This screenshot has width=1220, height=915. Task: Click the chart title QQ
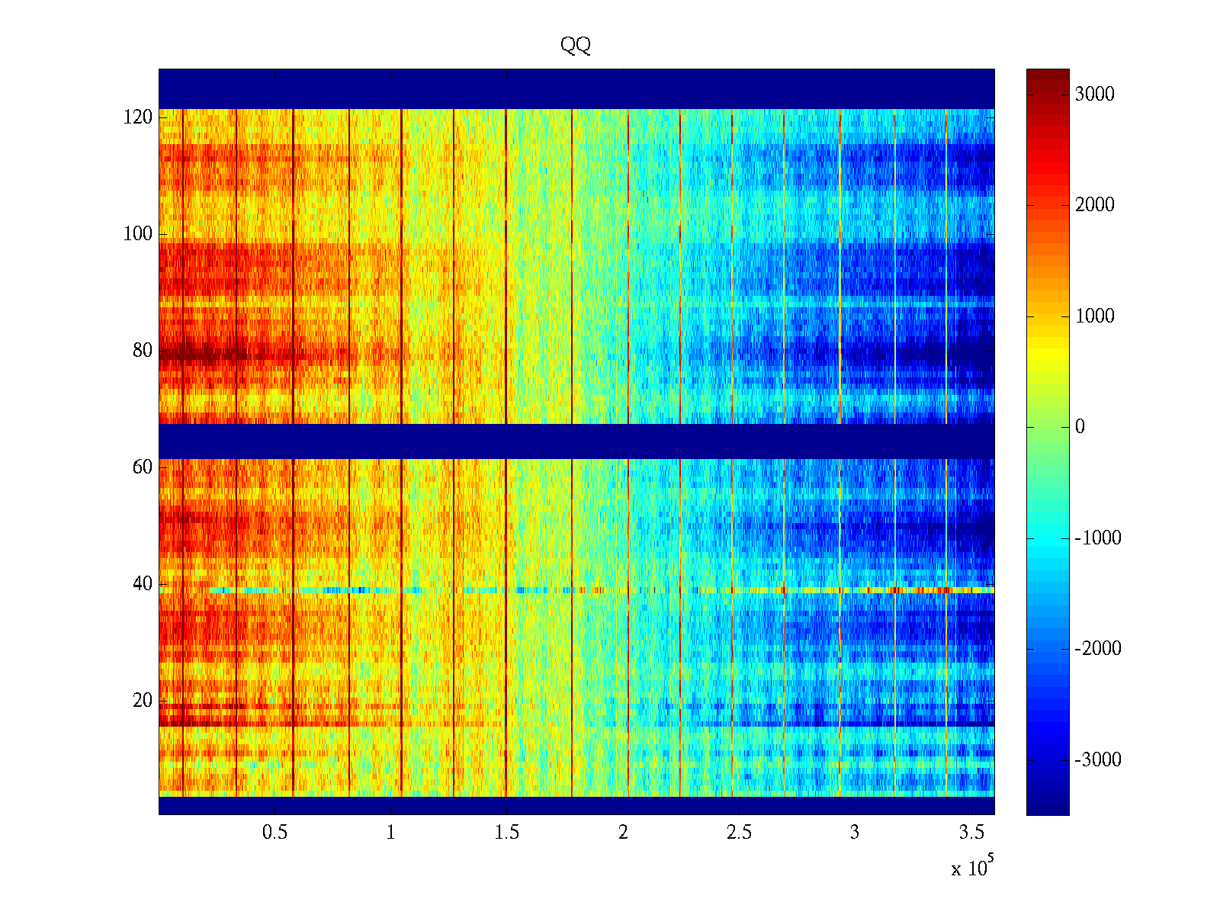(x=576, y=45)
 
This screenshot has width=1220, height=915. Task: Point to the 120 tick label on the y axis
(x=138, y=117)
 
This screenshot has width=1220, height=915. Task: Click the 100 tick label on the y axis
(x=138, y=234)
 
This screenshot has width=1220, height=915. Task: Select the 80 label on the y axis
(x=143, y=351)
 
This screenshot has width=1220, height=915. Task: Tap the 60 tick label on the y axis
(x=143, y=467)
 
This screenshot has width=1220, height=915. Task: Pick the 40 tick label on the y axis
(x=143, y=584)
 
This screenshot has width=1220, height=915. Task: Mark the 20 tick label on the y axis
(x=143, y=701)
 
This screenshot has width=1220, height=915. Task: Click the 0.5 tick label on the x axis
(x=274, y=833)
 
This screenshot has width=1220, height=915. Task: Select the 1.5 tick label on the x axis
(x=506, y=833)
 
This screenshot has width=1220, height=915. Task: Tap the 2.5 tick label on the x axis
(x=739, y=833)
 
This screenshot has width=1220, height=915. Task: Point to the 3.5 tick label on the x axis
(x=971, y=833)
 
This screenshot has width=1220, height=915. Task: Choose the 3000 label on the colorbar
(x=1094, y=95)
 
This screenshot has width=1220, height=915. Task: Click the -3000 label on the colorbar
(x=1097, y=760)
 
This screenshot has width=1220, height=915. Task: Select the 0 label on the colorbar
(x=1080, y=427)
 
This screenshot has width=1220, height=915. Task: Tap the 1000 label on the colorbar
(x=1094, y=316)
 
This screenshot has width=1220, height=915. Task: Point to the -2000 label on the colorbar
(x=1097, y=649)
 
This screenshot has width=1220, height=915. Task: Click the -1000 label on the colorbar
(x=1097, y=538)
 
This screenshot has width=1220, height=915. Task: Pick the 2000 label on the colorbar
(x=1094, y=205)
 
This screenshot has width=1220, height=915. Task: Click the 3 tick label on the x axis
(x=855, y=833)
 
